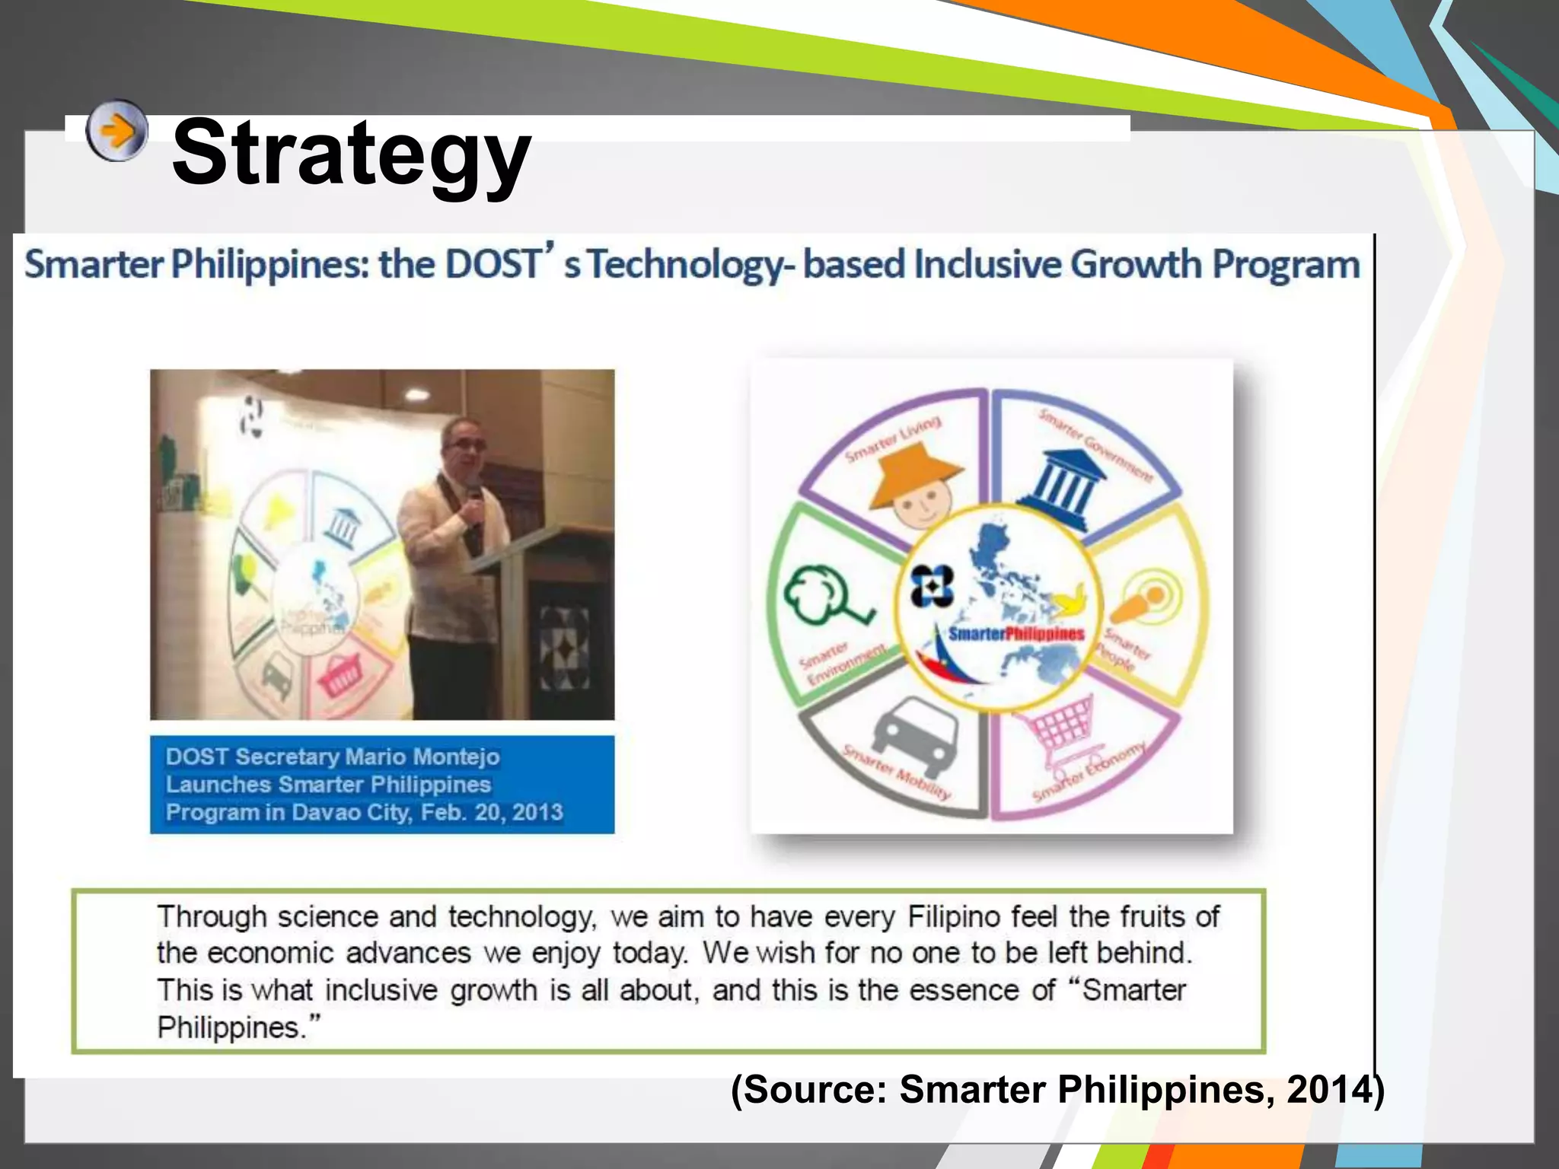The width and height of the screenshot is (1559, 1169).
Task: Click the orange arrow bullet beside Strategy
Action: click(116, 131)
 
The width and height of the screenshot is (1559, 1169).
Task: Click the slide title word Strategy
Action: click(351, 154)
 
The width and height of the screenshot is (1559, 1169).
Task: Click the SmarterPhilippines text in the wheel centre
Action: click(1016, 633)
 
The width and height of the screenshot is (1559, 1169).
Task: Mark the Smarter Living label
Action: click(893, 441)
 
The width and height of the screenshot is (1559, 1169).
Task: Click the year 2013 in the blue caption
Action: click(537, 812)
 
